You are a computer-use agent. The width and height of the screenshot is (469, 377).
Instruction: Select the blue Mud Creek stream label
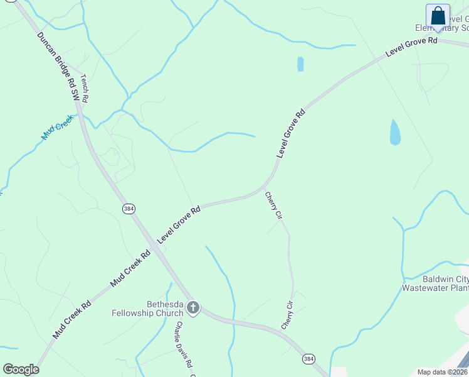pos(58,131)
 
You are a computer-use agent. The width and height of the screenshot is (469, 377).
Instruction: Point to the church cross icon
pos(193,307)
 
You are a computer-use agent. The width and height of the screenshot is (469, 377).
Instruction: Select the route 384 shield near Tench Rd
pos(129,209)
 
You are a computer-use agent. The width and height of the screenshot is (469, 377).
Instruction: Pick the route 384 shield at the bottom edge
pos(308,359)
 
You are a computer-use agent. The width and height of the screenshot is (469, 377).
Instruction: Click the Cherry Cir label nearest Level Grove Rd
pos(273,205)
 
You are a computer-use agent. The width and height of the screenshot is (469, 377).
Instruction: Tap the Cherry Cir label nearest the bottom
pos(287,316)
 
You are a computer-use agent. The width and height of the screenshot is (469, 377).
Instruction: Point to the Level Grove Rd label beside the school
pos(411,48)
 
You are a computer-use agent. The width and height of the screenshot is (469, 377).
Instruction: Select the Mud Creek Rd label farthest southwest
pos(72,320)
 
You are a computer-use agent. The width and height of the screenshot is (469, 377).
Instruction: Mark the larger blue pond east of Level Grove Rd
pos(395,132)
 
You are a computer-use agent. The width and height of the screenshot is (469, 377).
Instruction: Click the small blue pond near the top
pos(300,63)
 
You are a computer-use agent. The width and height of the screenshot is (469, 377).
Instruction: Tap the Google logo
pos(21,369)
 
